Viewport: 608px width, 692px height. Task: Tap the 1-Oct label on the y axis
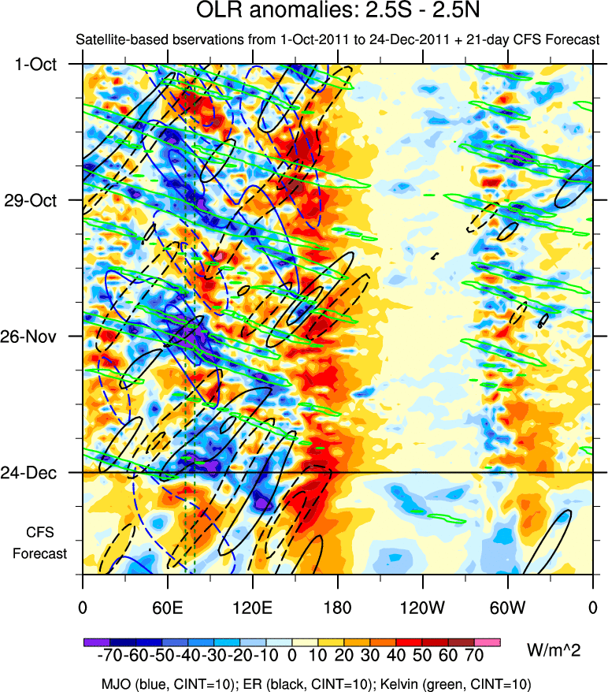(x=36, y=64)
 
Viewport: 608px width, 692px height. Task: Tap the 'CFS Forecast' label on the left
(x=39, y=542)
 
